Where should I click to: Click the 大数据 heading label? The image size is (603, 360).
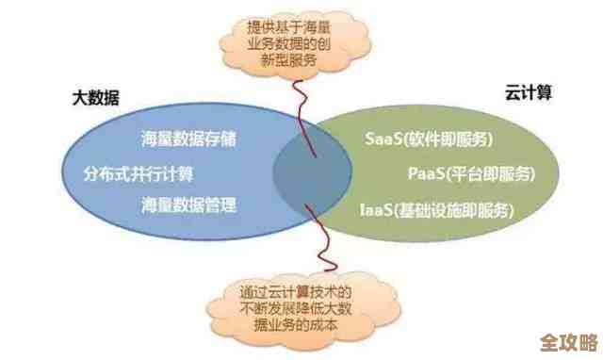pos(93,97)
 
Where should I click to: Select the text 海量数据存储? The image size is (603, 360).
pos(188,139)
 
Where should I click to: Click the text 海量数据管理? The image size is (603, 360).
pos(188,205)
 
